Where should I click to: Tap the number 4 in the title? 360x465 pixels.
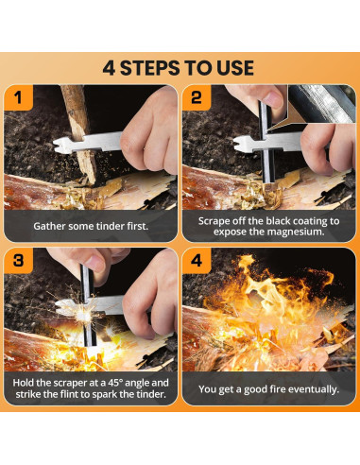tap(109, 68)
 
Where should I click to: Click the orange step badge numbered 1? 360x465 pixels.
tap(18, 97)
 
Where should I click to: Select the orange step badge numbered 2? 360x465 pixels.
tap(197, 97)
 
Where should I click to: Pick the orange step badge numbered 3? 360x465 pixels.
tap(18, 261)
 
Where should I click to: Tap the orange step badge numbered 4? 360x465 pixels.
tap(197, 261)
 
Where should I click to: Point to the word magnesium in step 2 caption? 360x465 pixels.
tap(296, 232)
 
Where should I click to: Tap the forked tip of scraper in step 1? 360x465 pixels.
tap(60, 146)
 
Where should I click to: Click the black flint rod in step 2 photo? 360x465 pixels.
tap(266, 142)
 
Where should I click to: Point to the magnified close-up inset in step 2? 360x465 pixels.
tap(319, 104)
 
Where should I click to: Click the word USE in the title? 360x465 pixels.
tap(235, 68)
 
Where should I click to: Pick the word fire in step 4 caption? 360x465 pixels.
tap(278, 389)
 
